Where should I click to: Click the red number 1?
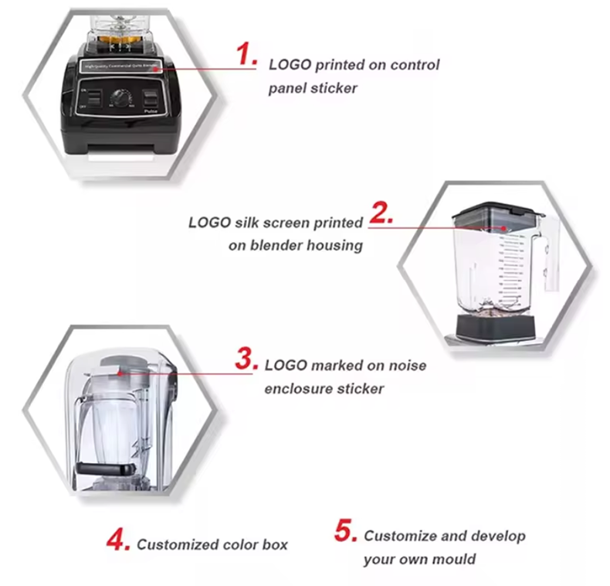pyautogui.click(x=245, y=56)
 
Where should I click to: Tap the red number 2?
pyautogui.click(x=381, y=214)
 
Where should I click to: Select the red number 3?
pyautogui.click(x=245, y=359)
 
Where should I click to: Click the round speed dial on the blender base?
pyautogui.click(x=120, y=99)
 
